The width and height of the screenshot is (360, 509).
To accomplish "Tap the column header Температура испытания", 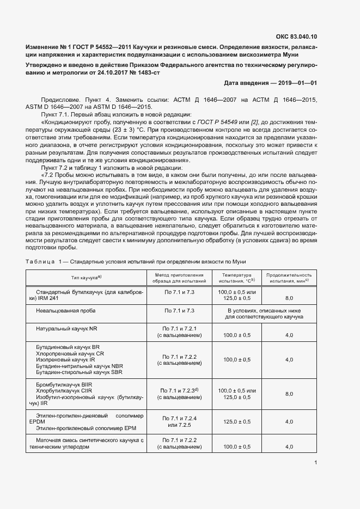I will click(x=236, y=278).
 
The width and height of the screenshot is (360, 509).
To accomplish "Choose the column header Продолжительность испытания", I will click(x=289, y=278).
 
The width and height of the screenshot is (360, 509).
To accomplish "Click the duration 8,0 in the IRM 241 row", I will click(x=289, y=298).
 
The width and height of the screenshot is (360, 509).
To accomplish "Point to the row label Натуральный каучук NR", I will click(x=66, y=329).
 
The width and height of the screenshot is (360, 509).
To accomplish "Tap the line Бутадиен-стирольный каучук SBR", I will click(x=79, y=372).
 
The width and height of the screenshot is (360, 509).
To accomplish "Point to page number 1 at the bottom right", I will click(x=315, y=463).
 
